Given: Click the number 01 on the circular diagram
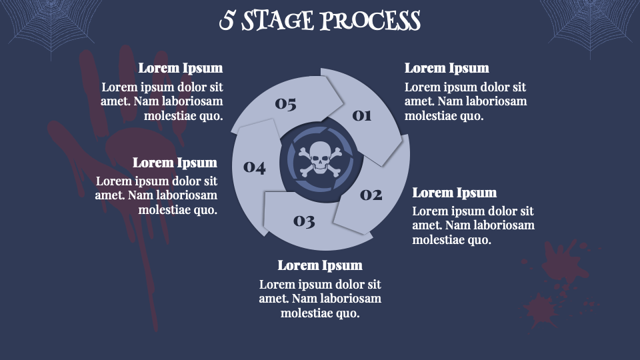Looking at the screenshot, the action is click(362, 116).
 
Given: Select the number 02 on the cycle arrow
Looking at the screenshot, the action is click(371, 195).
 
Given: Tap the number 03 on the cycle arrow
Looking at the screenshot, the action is click(304, 221).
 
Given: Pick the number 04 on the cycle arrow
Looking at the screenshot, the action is click(254, 167).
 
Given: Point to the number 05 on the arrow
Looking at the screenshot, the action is click(285, 104).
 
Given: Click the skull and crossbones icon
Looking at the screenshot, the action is click(320, 159).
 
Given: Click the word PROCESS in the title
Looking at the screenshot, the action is click(370, 21).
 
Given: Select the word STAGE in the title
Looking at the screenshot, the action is click(277, 21).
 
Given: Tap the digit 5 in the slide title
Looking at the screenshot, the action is click(227, 21).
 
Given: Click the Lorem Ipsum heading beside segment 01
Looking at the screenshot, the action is click(447, 68).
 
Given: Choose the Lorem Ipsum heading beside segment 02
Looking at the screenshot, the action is click(454, 193).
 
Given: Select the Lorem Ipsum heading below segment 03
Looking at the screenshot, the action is click(320, 265).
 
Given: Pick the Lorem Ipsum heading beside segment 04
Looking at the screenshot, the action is click(175, 163).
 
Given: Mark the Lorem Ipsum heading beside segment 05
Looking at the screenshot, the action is click(181, 68).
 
